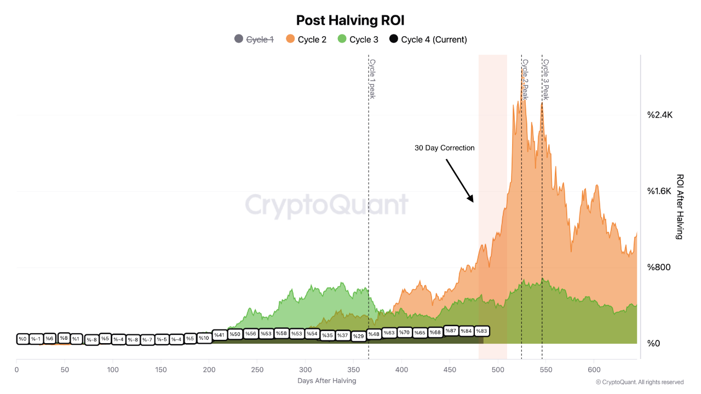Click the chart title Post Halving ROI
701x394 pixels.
[x=350, y=20]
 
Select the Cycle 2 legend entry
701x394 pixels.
[x=312, y=39]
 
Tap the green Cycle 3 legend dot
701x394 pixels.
[x=342, y=39]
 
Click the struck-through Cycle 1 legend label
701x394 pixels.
[x=260, y=39]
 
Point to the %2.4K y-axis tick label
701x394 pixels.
[x=660, y=115]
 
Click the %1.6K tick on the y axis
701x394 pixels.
[x=660, y=191]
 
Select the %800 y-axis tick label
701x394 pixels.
[x=659, y=267]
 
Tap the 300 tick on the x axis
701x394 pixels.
[x=306, y=370]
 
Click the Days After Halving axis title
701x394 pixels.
[x=327, y=381]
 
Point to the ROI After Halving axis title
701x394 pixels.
[x=680, y=207]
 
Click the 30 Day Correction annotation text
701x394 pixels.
[x=445, y=148]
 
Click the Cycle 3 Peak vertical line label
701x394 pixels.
[x=545, y=79]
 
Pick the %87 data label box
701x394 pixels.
[x=451, y=331]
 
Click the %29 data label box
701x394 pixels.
[x=358, y=336]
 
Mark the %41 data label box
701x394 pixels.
[x=219, y=335]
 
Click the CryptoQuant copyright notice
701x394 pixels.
[x=640, y=382]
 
